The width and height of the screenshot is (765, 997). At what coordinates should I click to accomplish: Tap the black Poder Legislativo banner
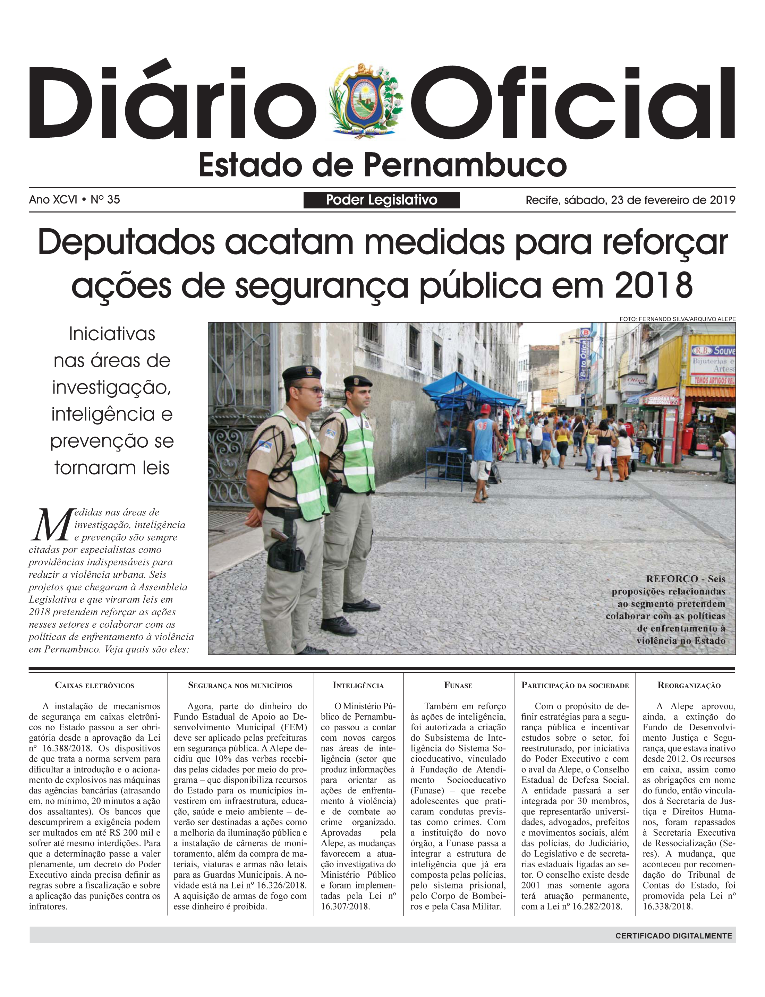(381, 200)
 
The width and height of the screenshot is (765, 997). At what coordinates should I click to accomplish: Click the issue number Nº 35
(105, 200)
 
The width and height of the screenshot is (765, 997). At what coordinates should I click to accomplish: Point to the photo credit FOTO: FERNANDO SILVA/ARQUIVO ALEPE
(677, 319)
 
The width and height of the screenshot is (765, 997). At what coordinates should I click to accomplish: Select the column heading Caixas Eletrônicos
(95, 685)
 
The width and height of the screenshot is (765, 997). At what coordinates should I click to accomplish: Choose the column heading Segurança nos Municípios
(240, 685)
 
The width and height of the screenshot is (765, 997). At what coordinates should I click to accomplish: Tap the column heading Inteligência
(358, 685)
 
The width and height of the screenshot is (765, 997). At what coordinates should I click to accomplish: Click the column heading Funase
(458, 685)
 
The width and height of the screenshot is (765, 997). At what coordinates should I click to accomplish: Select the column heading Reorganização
(689, 685)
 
